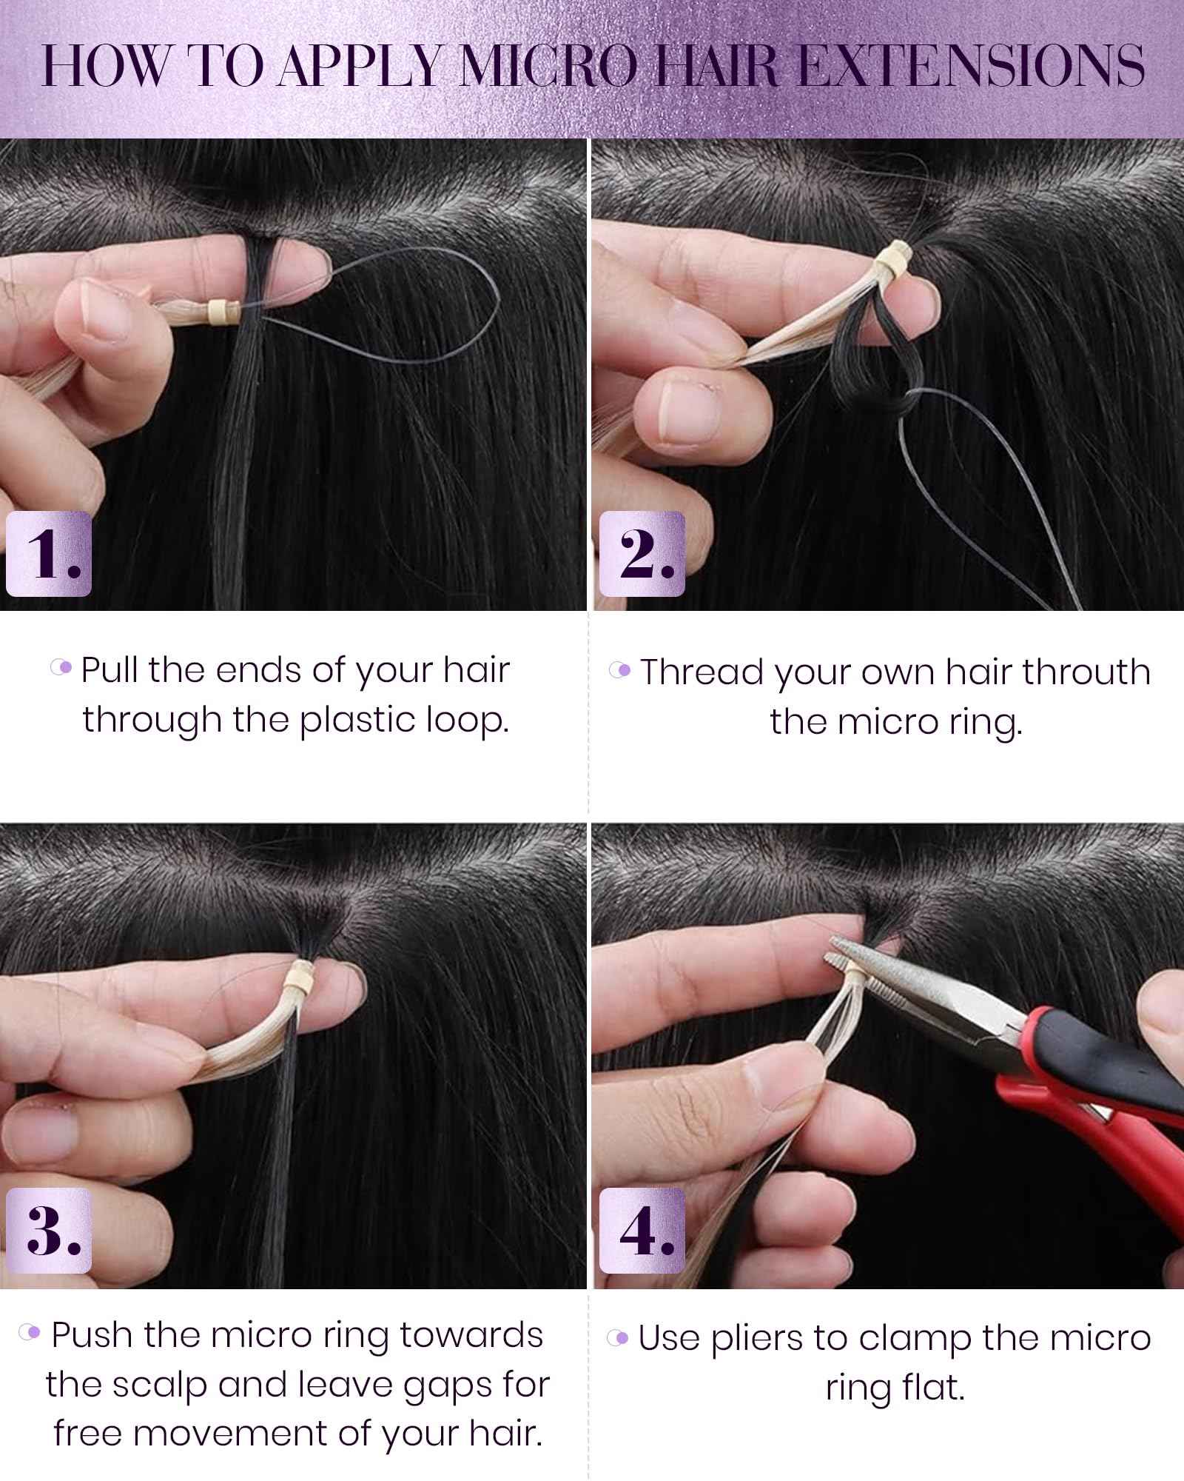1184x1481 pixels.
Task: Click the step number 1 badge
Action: [x=48, y=554]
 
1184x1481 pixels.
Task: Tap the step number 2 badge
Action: [x=642, y=554]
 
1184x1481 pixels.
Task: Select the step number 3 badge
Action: [x=48, y=1230]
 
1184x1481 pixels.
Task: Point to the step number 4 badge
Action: [x=642, y=1230]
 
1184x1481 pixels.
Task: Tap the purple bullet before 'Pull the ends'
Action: [x=62, y=668]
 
